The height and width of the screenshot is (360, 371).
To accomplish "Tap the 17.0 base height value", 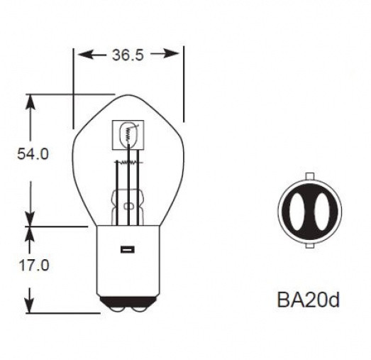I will coord(33,266).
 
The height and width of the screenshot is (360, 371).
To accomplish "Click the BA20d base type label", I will coord(309,300).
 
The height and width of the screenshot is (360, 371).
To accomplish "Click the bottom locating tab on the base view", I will coord(309,246).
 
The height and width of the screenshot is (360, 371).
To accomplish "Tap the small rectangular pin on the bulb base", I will coord(128,249).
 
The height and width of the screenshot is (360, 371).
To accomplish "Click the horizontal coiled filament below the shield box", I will coord(128,163).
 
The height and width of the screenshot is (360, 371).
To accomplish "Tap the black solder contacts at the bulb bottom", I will coord(128,303).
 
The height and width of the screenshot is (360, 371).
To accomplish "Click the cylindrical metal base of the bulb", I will coord(128,263).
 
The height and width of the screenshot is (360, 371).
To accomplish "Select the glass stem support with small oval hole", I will coord(128,207).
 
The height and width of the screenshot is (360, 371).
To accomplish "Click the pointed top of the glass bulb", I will coord(128,95).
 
